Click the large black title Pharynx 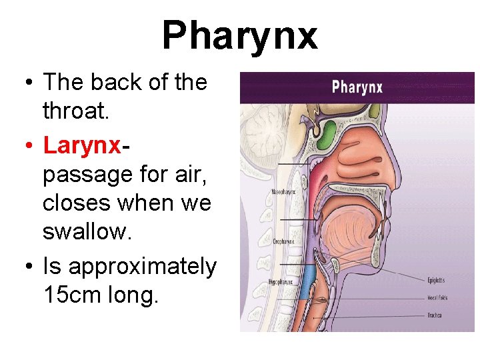[239, 35]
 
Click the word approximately [142, 267]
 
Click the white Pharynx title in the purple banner [357, 87]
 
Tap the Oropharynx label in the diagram [282, 241]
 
